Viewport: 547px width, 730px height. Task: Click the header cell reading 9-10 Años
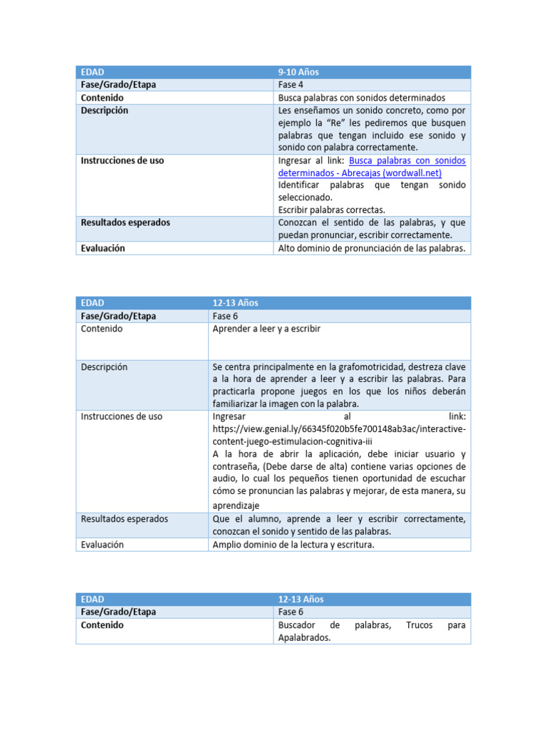coord(298,72)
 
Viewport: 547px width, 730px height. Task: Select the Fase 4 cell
coord(293,85)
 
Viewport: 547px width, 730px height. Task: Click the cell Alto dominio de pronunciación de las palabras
coord(371,248)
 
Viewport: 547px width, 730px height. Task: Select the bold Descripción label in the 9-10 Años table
coord(105,110)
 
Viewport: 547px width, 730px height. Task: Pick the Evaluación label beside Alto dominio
coord(103,248)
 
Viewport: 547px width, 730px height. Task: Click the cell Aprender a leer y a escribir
coord(266,329)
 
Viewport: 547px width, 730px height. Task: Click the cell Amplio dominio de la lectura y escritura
coord(293,545)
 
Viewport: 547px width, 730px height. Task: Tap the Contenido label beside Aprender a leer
coord(101,329)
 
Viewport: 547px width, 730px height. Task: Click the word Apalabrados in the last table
coord(304,638)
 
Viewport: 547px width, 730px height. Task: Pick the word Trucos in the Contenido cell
coord(420,625)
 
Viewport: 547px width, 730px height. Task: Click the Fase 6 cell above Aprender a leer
coord(226,316)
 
